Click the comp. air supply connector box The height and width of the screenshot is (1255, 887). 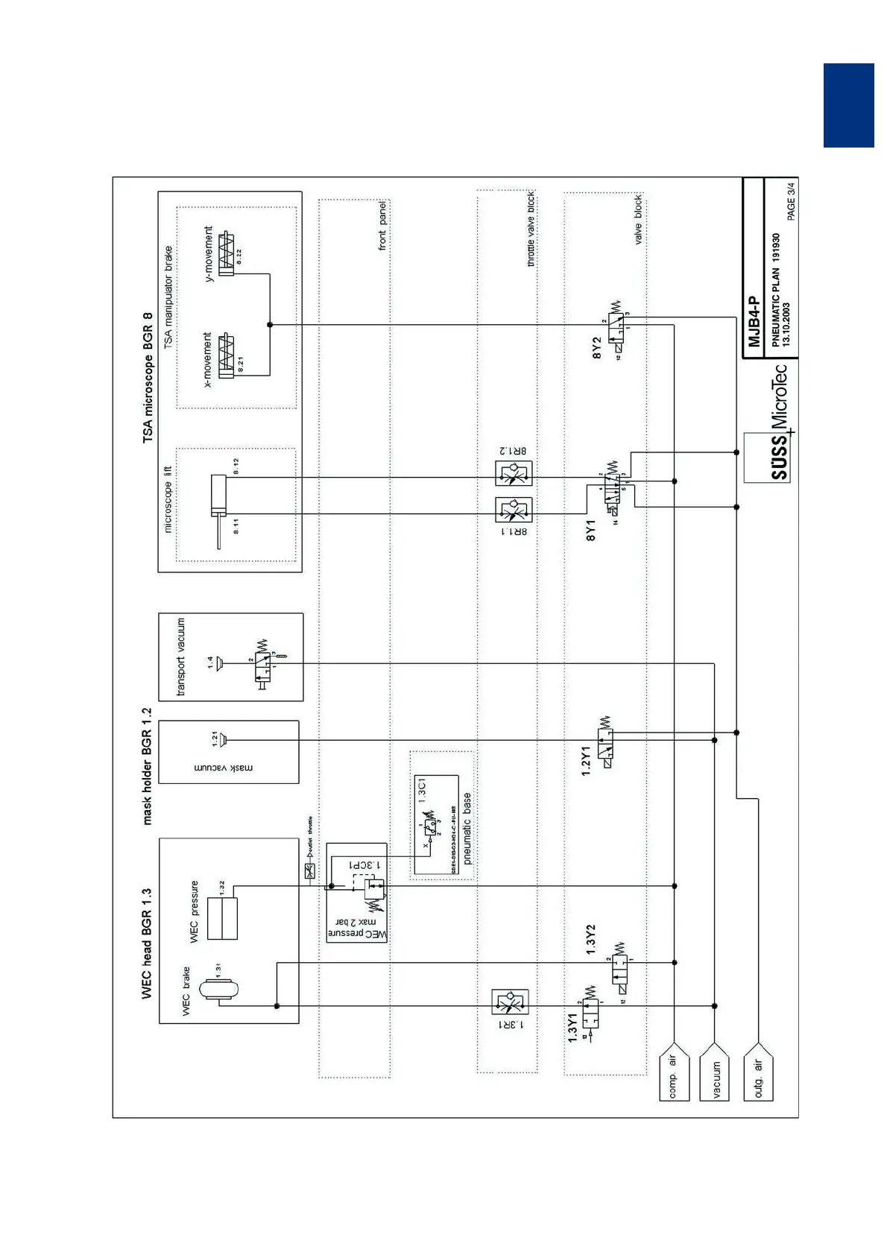(674, 1076)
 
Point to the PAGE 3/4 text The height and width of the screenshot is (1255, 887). (791, 200)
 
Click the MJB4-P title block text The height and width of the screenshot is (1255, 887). (754, 321)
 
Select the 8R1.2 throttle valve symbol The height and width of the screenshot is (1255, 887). (514, 472)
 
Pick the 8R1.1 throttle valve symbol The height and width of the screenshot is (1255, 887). (514, 510)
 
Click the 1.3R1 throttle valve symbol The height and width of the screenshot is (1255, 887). (510, 1002)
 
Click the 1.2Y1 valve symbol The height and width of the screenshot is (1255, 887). (606, 742)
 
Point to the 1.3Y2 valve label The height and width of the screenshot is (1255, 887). (590, 940)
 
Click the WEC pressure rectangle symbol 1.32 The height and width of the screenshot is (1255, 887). (222, 918)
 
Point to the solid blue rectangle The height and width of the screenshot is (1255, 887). (848, 105)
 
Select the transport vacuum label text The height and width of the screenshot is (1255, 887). (181, 657)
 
